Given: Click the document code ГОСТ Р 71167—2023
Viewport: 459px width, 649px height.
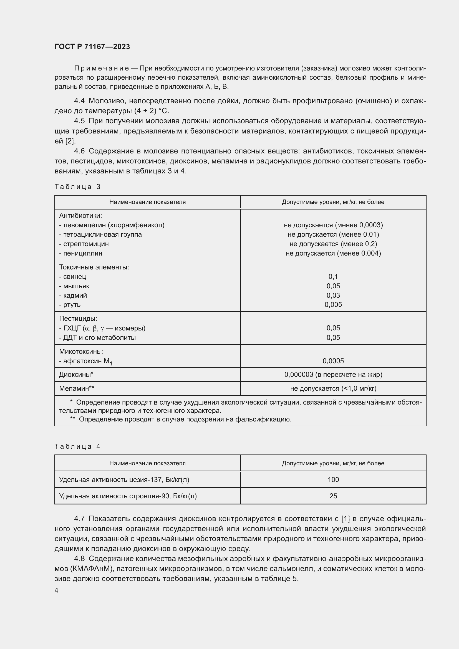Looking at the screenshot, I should click(92, 47).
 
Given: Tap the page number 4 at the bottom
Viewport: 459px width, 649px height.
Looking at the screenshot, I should click(57, 590).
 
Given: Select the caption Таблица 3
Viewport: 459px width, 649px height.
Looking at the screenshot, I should click(77, 186).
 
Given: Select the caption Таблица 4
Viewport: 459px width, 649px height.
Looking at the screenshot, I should click(77, 446).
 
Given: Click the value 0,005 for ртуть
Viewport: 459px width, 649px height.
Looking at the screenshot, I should click(333, 304).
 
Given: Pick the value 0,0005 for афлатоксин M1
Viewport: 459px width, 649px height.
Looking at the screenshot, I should click(333, 361).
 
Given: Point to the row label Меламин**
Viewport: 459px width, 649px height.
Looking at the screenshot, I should click(77, 388).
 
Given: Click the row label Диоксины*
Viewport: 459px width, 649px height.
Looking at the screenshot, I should click(76, 375).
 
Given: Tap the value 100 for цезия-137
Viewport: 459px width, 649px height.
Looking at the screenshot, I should click(333, 479).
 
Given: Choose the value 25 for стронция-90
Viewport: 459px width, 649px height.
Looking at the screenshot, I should click(333, 496).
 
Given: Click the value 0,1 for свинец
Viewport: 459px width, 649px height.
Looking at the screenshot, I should click(333, 276).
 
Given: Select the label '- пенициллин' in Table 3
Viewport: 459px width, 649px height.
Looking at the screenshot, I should click(80, 253).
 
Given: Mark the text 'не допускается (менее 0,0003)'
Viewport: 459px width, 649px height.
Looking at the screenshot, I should click(333, 225).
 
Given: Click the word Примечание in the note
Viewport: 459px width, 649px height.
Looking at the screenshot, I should click(102, 69).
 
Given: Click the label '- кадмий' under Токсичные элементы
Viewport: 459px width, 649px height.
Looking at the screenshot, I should click(73, 296).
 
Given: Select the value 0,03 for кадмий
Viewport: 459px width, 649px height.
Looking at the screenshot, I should click(333, 296).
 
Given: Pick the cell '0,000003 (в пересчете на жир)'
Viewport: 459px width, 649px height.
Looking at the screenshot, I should click(333, 375).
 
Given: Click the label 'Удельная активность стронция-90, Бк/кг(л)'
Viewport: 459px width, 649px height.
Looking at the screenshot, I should click(128, 496).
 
